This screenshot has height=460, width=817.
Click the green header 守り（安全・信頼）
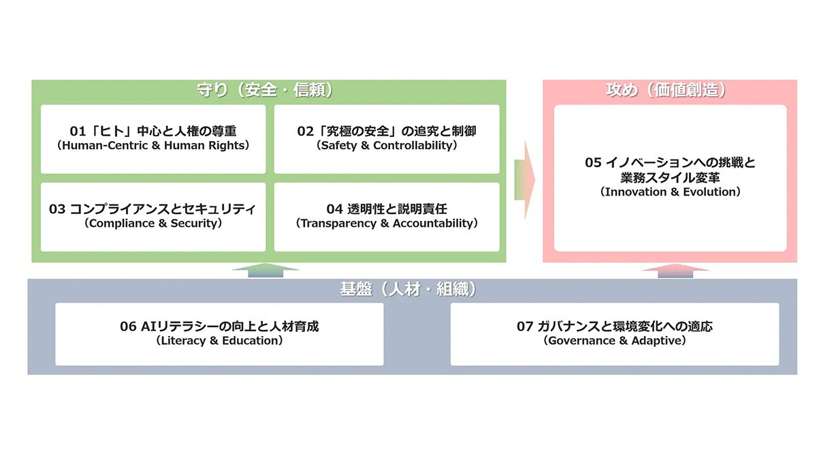coord(265,90)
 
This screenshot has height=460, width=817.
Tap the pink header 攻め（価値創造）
coord(666,90)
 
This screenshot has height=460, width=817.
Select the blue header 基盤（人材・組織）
coord(408,289)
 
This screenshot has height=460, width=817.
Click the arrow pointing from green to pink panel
coord(524,180)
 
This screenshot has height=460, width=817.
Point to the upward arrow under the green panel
coord(266,270)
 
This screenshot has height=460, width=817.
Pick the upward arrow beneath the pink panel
coord(675,271)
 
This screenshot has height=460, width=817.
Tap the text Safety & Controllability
coord(387,145)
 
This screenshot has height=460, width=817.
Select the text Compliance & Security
coord(153,223)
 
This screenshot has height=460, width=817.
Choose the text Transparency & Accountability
coord(387,223)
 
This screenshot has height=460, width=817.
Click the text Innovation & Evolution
coord(671,191)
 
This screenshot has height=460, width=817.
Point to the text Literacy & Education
coord(219,341)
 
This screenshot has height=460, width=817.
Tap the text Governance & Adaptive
coord(615,341)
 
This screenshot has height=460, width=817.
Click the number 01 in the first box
coord(78,131)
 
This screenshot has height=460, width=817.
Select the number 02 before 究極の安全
coord(305,131)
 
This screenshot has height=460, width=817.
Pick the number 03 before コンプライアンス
coord(57,209)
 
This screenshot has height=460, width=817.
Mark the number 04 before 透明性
coord(334,209)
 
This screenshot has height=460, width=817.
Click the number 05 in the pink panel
coord(593,162)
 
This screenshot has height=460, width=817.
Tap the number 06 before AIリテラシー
coord(128,326)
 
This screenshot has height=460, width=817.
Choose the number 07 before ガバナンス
coord(524,326)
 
